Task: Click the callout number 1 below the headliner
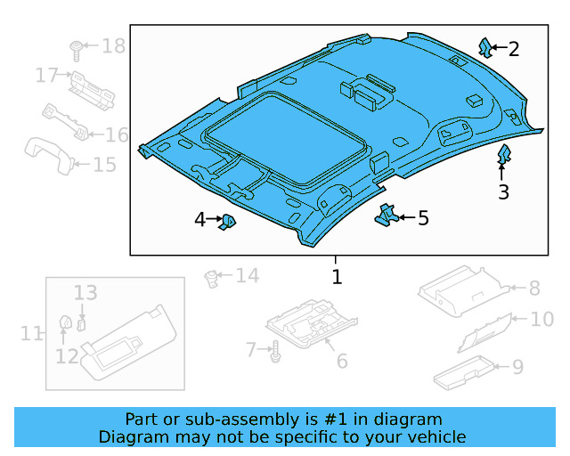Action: (337, 277)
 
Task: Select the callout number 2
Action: (514, 49)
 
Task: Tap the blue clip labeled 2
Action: (485, 48)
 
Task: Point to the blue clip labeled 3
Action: (503, 156)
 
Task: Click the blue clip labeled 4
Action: (228, 220)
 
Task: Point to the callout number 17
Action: (46, 76)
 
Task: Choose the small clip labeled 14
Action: (212, 278)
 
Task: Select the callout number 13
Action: (85, 292)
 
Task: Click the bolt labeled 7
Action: (275, 351)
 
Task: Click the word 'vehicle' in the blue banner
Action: (435, 436)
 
